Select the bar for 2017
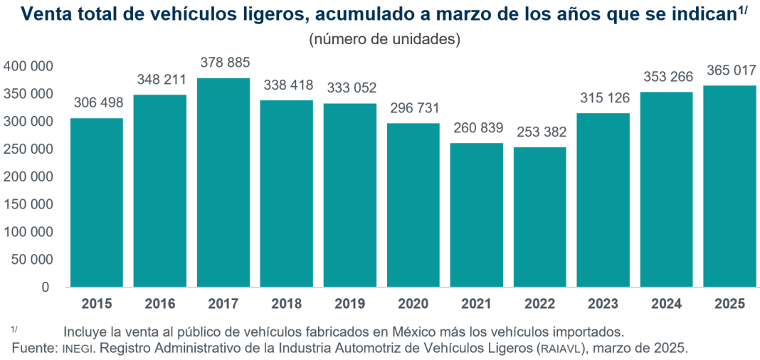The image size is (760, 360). click(x=223, y=182)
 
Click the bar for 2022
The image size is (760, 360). click(x=540, y=217)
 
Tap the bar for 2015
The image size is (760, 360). click(x=97, y=202)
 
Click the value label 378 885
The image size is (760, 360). click(x=225, y=63)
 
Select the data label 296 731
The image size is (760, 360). click(x=413, y=109)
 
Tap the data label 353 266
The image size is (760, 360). click(x=667, y=77)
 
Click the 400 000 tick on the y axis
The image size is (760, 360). click(x=29, y=66)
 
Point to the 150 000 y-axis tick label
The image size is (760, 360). click(x=29, y=204)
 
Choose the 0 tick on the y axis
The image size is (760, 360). click(x=45, y=287)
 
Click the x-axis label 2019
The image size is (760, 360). click(x=350, y=305)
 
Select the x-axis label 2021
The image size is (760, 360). click(x=477, y=305)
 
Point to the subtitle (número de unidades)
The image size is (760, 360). click(x=384, y=39)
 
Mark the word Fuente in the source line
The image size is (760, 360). click(x=33, y=348)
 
